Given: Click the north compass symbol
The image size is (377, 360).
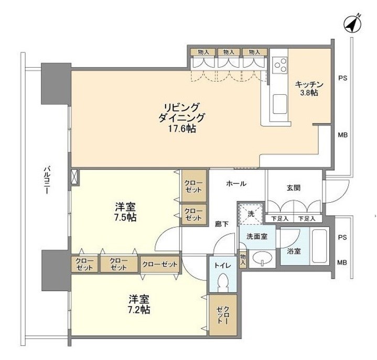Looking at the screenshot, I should pyautogui.click(x=352, y=24).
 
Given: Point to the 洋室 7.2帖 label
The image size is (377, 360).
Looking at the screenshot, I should pyautogui.click(x=140, y=304).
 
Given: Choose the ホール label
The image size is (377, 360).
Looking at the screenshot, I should pyautogui.click(x=236, y=183).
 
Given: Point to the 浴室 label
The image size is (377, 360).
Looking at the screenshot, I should pyautogui.click(x=294, y=251).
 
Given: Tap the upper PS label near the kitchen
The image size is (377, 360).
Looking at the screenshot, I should pyautogui.click(x=342, y=79).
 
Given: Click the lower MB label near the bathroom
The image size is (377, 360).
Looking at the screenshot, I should pyautogui.click(x=342, y=262).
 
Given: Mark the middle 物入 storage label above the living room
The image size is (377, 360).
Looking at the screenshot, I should pyautogui.click(x=229, y=52).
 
